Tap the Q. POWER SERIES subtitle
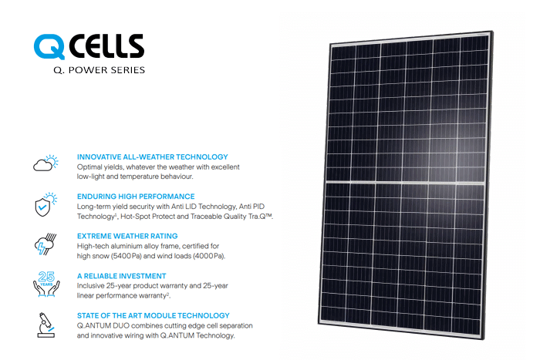click(x=100, y=70)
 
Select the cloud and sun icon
click(x=46, y=163)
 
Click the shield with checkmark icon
click(x=46, y=204)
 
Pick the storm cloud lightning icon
click(x=46, y=244)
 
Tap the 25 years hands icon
click(x=46, y=284)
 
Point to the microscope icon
click(x=46, y=325)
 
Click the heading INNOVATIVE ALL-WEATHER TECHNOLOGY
click(x=153, y=157)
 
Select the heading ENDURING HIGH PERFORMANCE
click(x=136, y=197)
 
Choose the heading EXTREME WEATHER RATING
click(x=127, y=236)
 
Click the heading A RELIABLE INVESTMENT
click(x=122, y=276)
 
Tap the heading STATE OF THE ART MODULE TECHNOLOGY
click(x=154, y=315)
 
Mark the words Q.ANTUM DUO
click(x=103, y=325)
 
